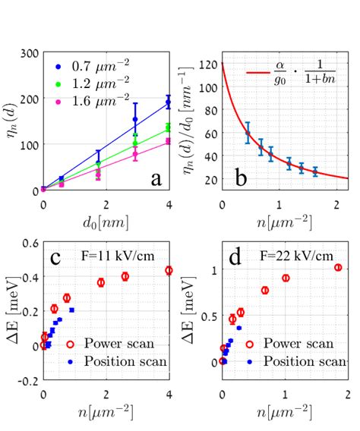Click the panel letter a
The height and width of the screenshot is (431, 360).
point(155,178)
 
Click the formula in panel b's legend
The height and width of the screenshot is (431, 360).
point(299,75)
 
